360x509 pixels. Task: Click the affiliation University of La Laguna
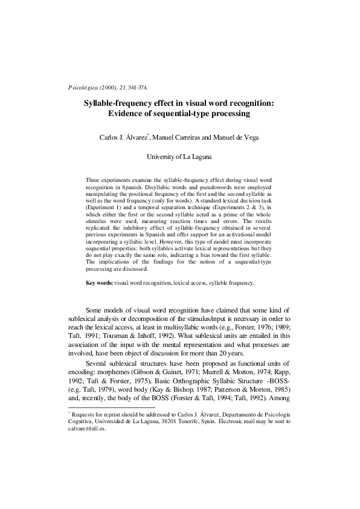click(179, 157)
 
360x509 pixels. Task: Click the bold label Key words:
click(100, 282)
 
